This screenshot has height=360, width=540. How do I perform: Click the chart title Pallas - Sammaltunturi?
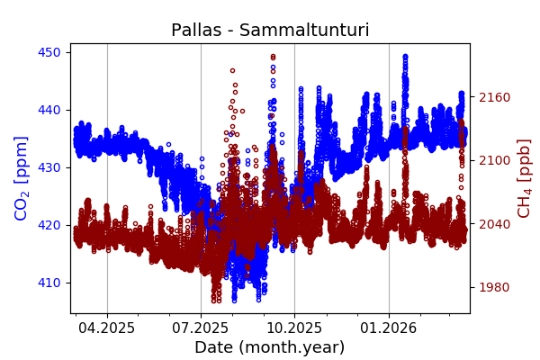270,31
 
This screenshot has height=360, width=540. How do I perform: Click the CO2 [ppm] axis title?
22,178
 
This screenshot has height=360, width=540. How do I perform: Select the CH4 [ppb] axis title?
524,178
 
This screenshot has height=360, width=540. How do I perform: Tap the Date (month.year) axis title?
270,347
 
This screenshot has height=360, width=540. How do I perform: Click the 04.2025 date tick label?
107,328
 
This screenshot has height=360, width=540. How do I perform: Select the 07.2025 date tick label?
201,328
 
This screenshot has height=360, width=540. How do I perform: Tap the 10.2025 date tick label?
294,328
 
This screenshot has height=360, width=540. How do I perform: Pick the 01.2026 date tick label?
389,328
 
